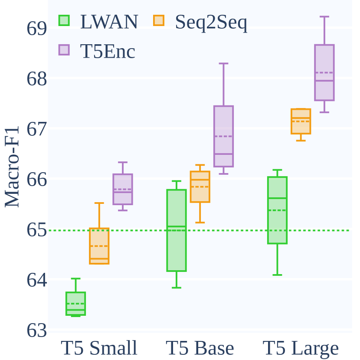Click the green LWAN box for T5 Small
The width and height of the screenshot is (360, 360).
75,304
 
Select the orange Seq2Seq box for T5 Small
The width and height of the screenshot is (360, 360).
99,246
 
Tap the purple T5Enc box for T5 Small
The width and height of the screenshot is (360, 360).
123,189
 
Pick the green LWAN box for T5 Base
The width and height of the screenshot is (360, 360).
176,230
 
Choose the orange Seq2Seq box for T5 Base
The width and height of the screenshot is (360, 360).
200,187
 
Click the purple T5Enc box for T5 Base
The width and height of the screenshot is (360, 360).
223,136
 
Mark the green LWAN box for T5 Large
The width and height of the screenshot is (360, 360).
277,210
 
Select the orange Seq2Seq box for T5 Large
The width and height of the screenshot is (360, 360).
301,121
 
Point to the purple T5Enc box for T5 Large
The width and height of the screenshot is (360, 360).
324,72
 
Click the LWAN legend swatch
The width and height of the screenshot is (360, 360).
64,20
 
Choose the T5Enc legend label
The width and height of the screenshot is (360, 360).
108,52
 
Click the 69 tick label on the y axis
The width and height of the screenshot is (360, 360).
36,28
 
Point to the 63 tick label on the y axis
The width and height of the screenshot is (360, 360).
36,331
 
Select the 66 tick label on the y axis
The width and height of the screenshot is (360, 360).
36,179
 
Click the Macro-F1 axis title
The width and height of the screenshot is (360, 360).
12,167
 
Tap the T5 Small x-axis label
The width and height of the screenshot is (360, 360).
99,348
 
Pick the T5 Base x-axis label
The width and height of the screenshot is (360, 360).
200,348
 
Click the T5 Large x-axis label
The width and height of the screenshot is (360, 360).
301,348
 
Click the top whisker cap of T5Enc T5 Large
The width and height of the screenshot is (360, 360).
324,16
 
